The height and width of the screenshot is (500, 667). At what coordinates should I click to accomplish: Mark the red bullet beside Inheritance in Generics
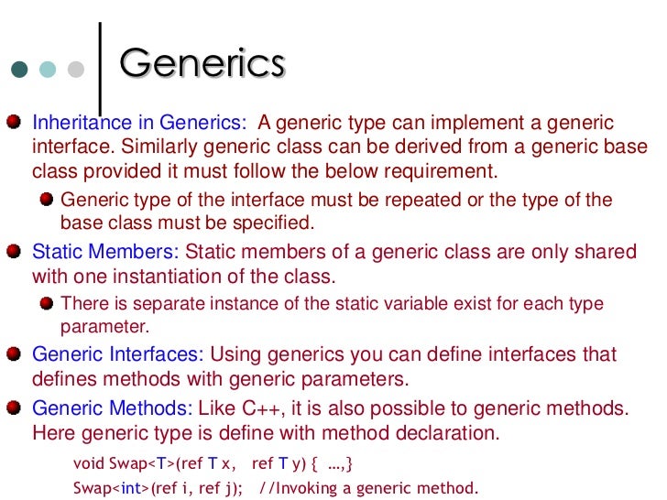[16, 122]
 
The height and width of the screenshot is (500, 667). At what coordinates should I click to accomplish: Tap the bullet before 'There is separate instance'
[46, 302]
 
